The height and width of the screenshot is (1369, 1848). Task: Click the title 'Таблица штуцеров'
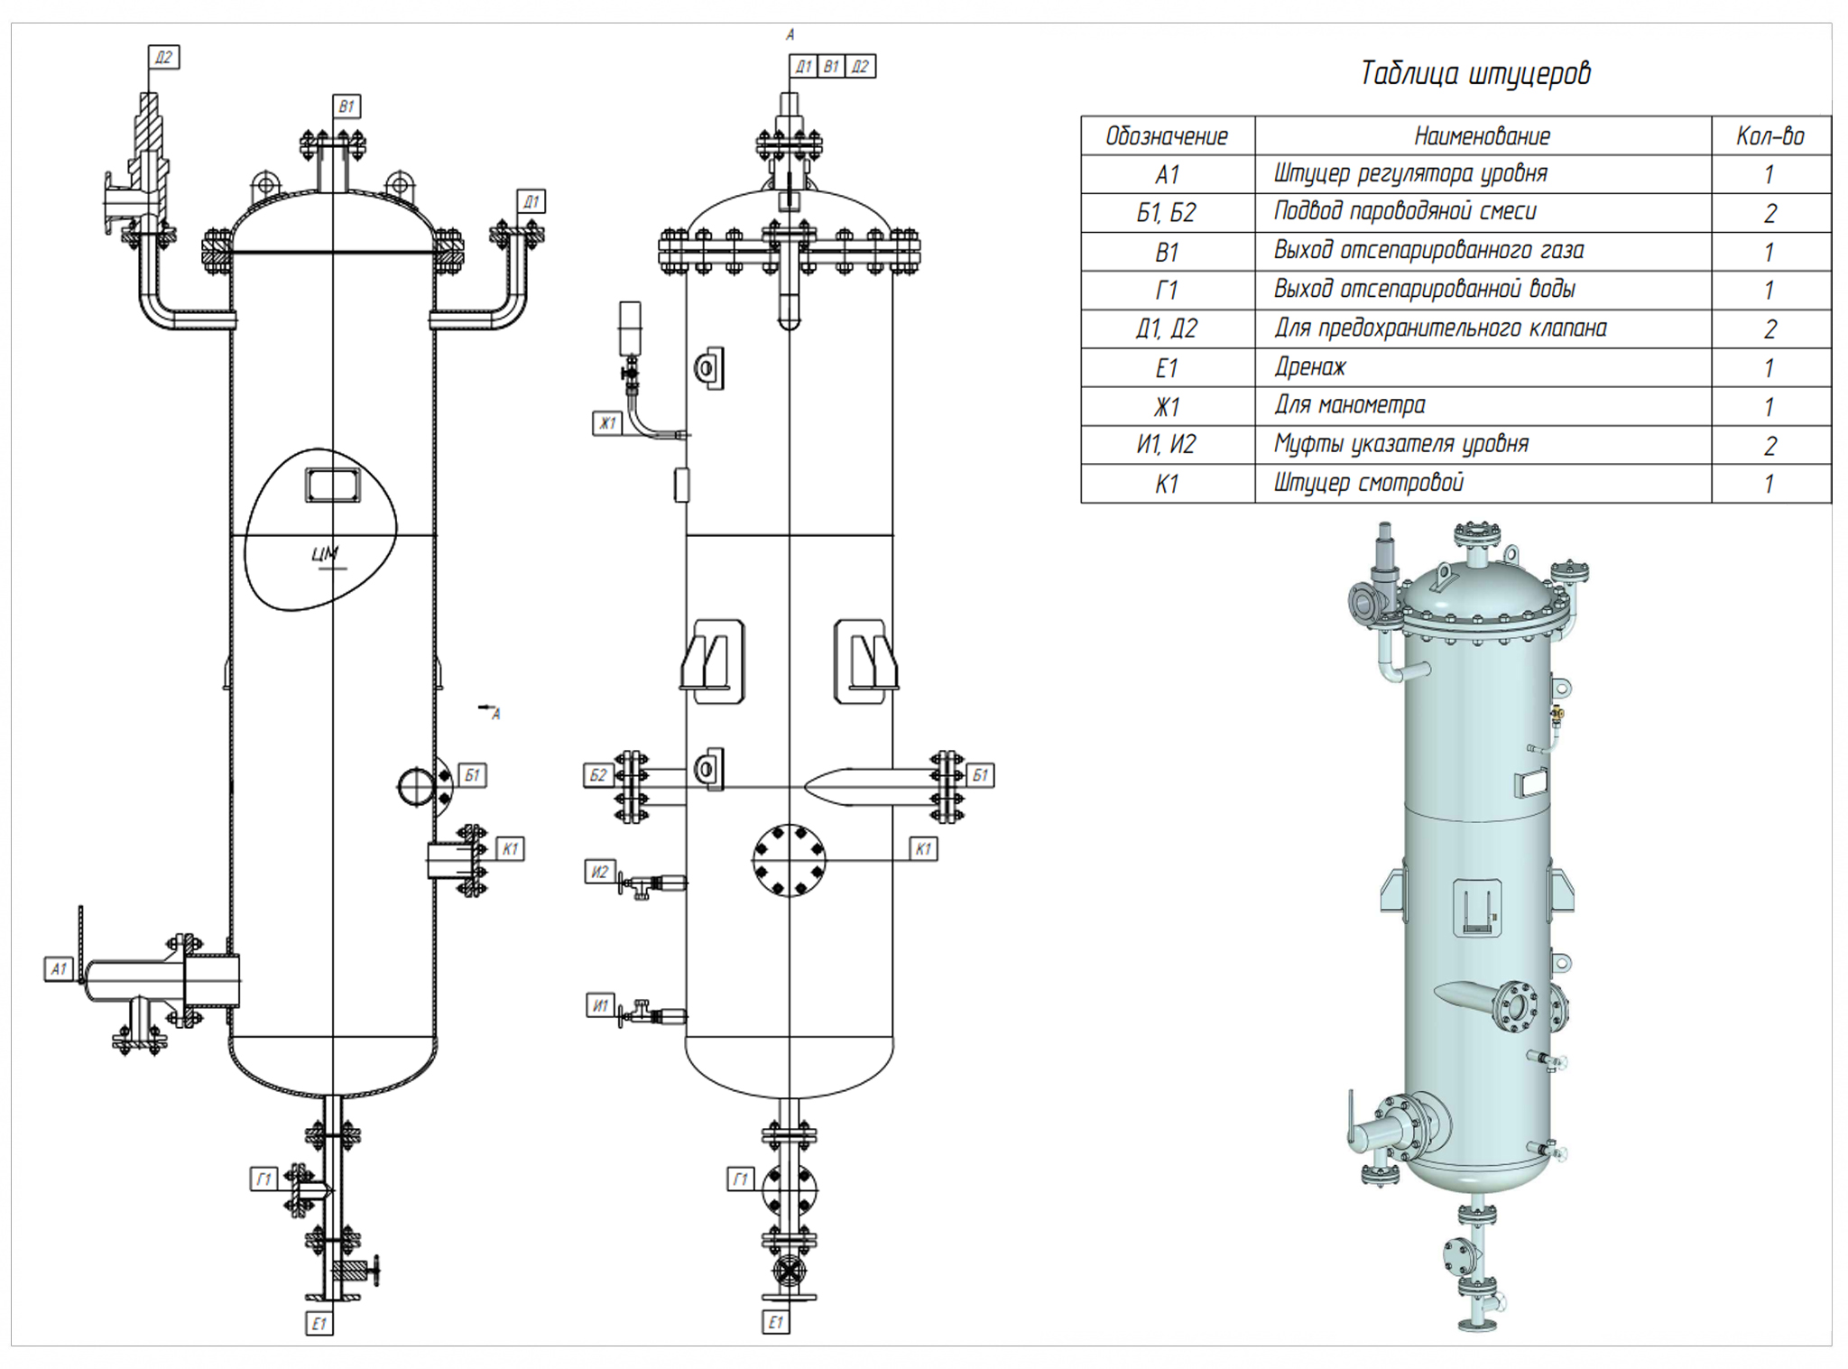[x=1474, y=73]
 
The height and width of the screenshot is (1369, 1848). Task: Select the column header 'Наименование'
[x=1482, y=136]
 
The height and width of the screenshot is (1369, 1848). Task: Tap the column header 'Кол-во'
[x=1769, y=136]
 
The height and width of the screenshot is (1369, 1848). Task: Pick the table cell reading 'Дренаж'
[x=1309, y=367]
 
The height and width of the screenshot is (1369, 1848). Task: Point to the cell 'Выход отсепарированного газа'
[x=1428, y=251]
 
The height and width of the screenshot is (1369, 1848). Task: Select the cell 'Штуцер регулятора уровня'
[x=1409, y=173]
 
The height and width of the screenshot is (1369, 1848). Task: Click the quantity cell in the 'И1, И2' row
[x=1769, y=445]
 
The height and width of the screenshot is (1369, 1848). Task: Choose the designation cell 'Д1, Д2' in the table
[x=1167, y=328]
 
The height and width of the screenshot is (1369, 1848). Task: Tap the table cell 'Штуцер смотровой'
[x=1368, y=483]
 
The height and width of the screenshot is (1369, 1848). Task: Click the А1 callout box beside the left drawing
[x=59, y=969]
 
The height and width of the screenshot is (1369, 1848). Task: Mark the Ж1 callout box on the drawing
[x=607, y=422]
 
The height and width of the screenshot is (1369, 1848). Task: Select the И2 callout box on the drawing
[x=600, y=872]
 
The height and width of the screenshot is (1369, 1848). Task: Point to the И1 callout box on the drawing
[x=601, y=1005]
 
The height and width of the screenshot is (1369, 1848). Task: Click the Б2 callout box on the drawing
[x=598, y=775]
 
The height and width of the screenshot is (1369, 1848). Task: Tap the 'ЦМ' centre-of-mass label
[x=325, y=554]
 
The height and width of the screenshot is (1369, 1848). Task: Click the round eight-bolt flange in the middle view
[x=789, y=860]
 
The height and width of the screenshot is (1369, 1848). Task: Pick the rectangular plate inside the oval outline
[x=333, y=485]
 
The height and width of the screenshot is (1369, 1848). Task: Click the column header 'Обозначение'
[x=1167, y=136]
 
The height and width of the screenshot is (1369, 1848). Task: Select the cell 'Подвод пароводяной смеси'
[x=1404, y=212]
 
